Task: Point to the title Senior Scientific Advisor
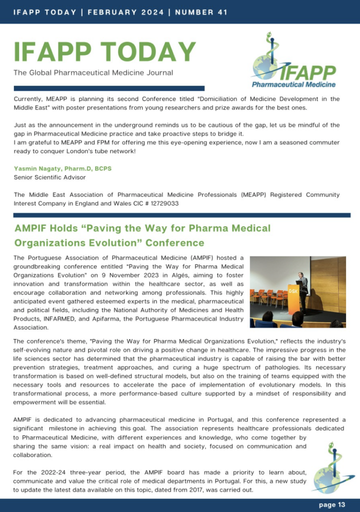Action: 49,177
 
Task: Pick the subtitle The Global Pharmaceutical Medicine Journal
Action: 93,73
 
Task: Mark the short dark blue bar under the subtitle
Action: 109,88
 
